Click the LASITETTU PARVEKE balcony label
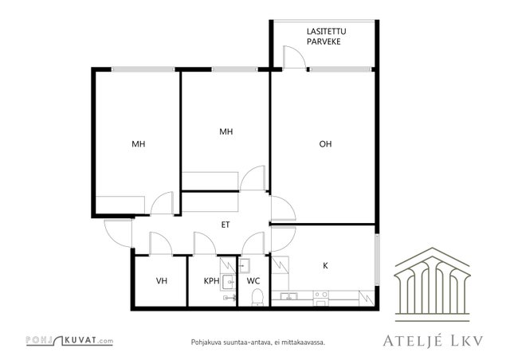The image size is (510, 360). pos(326,37)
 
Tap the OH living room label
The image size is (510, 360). pos(325,143)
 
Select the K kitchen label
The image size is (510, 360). pos(325,266)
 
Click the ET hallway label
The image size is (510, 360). pos(226,225)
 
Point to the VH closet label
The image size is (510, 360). pos(162,280)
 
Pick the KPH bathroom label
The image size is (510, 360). pos(211,280)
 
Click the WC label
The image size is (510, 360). pos(253,280)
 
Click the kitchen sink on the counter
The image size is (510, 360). pos(288,296)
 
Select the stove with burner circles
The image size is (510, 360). pos(321,298)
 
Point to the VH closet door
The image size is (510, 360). pos(160,243)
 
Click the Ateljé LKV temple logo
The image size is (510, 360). pos(432,284)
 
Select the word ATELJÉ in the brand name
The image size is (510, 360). pos(413,341)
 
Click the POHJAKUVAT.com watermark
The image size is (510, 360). pos(69,341)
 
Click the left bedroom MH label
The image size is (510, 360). pos(138,143)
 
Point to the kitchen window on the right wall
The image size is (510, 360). pos(377,260)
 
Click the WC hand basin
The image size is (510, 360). pos(245,266)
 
